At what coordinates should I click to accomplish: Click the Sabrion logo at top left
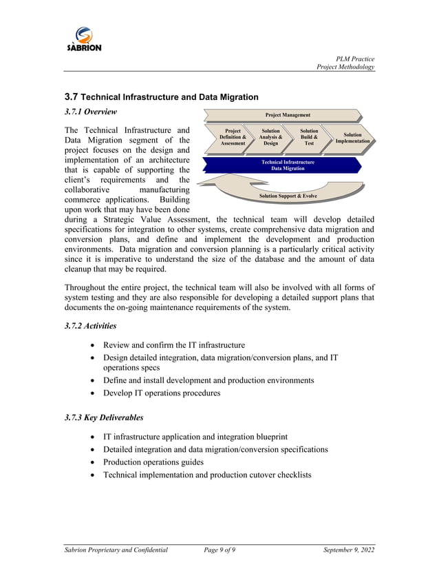click(84, 39)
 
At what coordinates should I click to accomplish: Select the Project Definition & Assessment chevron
click(233, 137)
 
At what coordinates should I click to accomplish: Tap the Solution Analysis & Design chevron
click(270, 137)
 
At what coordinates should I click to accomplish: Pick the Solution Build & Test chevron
click(309, 137)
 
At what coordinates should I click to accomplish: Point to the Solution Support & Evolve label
click(288, 196)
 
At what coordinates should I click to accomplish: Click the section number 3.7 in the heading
click(71, 97)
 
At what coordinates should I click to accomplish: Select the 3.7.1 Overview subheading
click(90, 112)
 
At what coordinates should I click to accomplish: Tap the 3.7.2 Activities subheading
click(90, 326)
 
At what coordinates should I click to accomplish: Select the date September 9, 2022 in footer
click(349, 549)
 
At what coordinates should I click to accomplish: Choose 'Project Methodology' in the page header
click(345, 67)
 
